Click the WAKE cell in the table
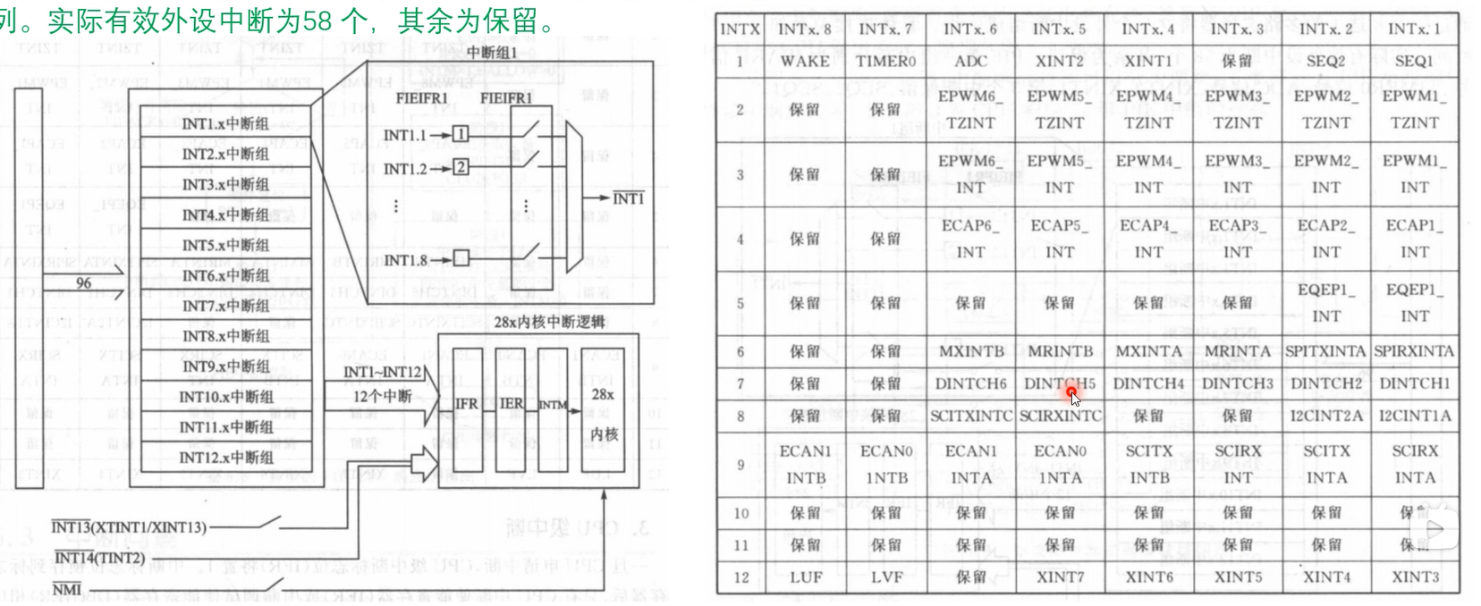(804, 61)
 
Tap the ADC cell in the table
(970, 61)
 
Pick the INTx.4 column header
(1147, 29)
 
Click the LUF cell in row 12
(805, 577)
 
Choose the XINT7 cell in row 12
(1060, 577)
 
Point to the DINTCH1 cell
(1414, 383)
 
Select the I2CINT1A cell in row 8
(1414, 416)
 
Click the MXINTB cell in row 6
(970, 351)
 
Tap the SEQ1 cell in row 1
(1414, 61)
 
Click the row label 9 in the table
(740, 465)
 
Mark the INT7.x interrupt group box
(225, 306)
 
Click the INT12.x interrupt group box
(225, 458)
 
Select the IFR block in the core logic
(466, 404)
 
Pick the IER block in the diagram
(512, 404)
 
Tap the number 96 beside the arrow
(83, 282)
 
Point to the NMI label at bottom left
(65, 590)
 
